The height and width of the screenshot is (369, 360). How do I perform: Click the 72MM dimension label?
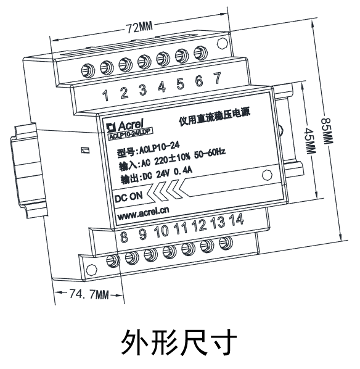click(x=140, y=28)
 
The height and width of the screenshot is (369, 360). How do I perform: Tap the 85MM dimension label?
click(x=327, y=131)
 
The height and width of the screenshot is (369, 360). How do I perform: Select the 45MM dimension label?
click(x=310, y=141)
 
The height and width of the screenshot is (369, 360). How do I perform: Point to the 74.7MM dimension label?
click(x=89, y=294)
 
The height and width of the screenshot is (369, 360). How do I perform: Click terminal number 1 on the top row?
click(x=106, y=95)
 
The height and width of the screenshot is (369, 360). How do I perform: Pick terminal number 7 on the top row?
click(x=218, y=78)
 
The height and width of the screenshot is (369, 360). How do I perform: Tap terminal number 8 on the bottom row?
click(x=124, y=236)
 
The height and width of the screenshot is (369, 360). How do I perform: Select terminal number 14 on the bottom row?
click(x=237, y=220)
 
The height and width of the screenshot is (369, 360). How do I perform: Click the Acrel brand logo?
click(x=125, y=125)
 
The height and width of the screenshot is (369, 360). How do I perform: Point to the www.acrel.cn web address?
click(x=143, y=213)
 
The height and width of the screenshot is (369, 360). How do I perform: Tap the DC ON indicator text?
click(x=129, y=197)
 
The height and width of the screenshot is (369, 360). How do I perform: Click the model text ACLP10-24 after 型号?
click(x=160, y=148)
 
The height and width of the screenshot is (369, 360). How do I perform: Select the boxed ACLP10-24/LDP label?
click(x=130, y=134)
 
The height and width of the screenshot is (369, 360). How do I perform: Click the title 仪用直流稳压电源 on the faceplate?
click(x=215, y=117)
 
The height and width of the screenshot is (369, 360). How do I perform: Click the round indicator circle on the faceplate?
click(x=267, y=175)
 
